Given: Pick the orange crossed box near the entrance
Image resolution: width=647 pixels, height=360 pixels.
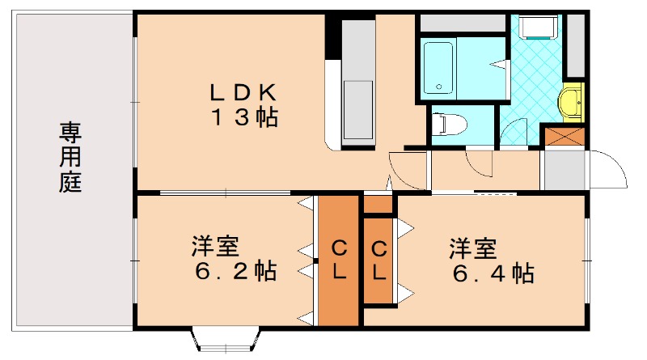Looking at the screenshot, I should (x=562, y=135).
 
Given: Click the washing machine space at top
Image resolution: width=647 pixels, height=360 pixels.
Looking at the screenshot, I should (x=537, y=28).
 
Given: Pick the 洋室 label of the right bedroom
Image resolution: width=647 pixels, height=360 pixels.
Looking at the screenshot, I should (x=472, y=247).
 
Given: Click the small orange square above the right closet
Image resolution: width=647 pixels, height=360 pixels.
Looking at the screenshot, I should (x=378, y=204).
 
